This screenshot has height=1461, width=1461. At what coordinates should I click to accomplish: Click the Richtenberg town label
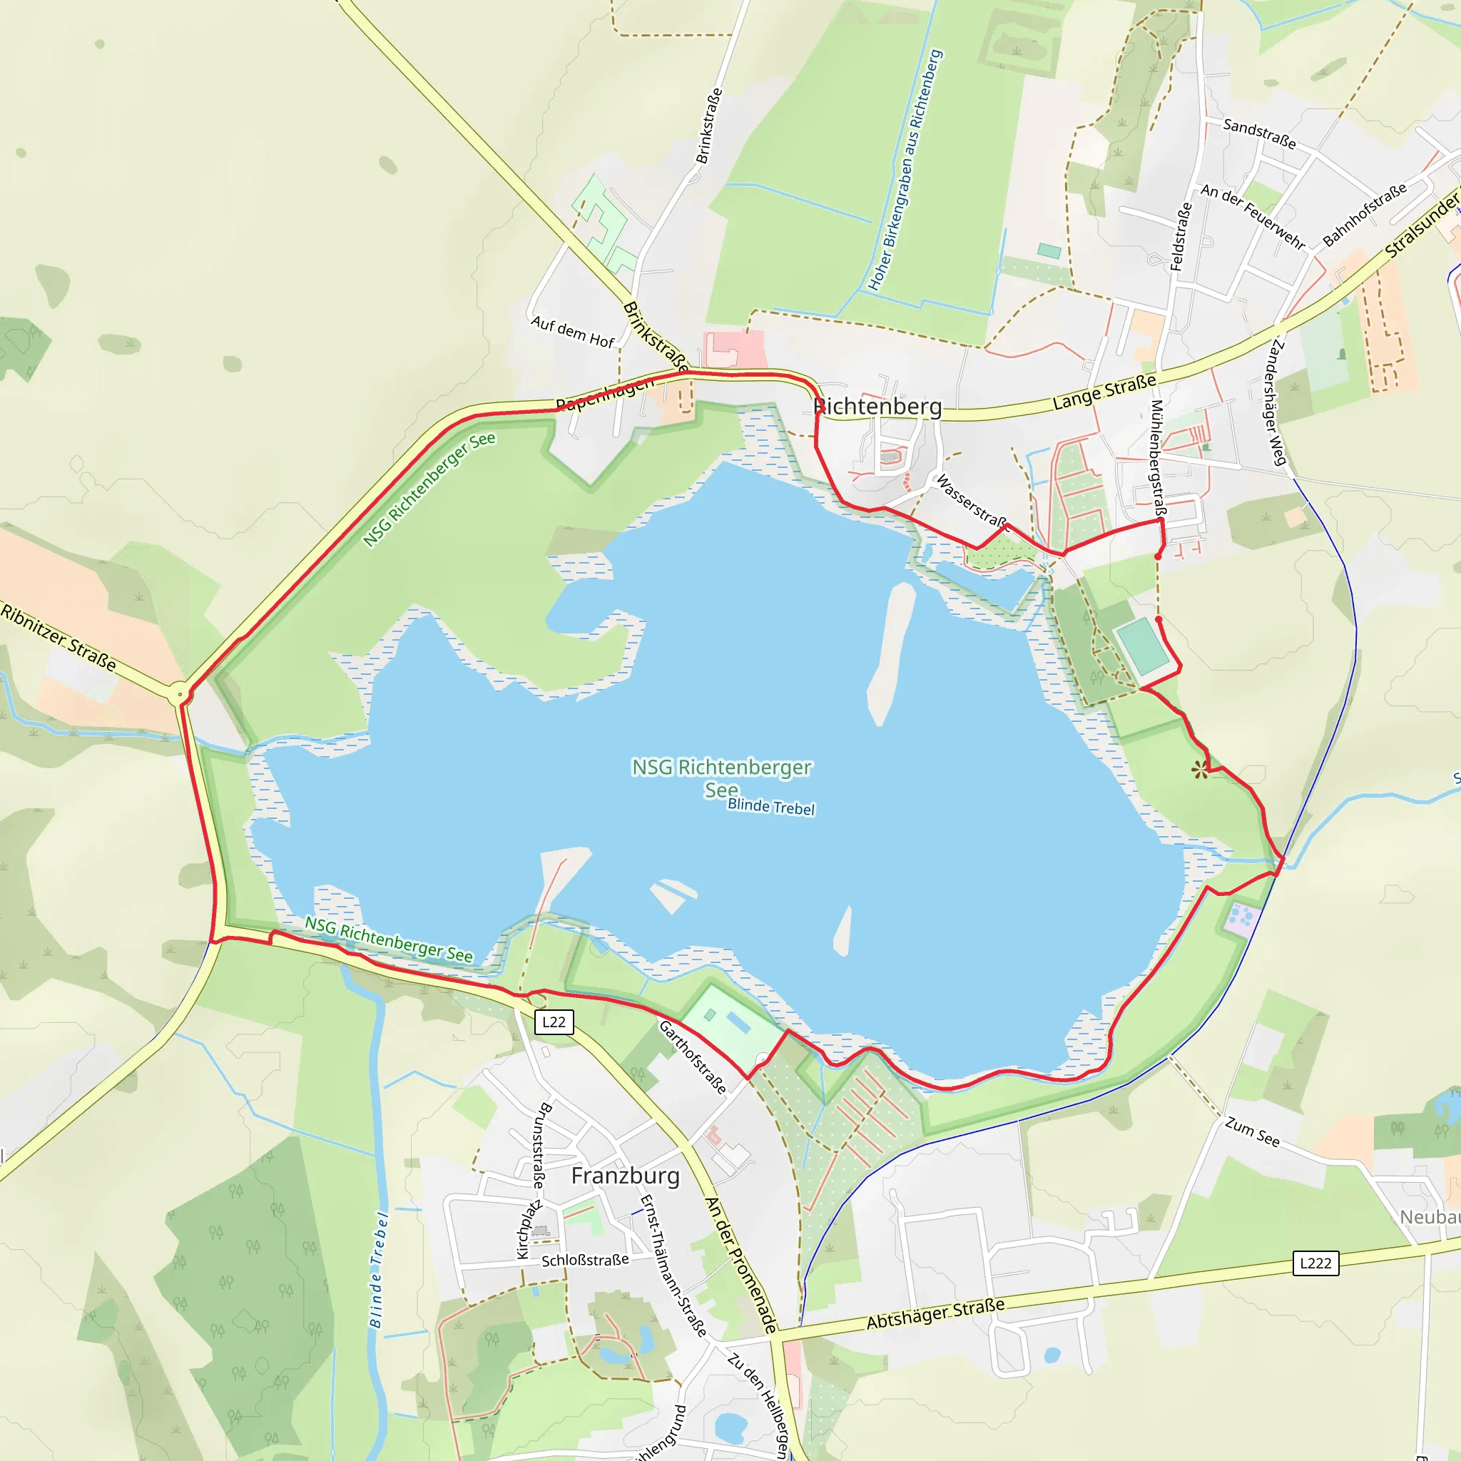pyautogui.click(x=878, y=407)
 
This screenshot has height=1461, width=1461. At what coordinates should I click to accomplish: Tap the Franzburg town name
pyautogui.click(x=626, y=1175)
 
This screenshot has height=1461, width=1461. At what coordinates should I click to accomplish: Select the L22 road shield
pyautogui.click(x=554, y=1022)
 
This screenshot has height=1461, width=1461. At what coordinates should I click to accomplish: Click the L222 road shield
pyautogui.click(x=1315, y=1263)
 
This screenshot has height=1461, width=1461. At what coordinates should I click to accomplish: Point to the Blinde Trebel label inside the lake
pyautogui.click(x=770, y=806)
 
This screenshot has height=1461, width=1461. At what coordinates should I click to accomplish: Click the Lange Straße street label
pyautogui.click(x=1104, y=392)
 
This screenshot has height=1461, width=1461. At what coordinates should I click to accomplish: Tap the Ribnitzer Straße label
pyautogui.click(x=59, y=637)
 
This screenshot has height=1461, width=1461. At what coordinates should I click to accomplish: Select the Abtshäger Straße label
pyautogui.click(x=935, y=1314)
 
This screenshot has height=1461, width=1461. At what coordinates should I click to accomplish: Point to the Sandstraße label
pyautogui.click(x=1259, y=134)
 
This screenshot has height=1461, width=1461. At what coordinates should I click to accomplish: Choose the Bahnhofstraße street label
pyautogui.click(x=1364, y=214)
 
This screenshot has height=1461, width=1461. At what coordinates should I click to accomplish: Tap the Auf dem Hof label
pyautogui.click(x=572, y=332)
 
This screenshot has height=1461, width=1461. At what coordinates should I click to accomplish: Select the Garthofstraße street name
pyautogui.click(x=693, y=1057)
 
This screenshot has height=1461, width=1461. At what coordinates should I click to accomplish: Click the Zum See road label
pyautogui.click(x=1252, y=1132)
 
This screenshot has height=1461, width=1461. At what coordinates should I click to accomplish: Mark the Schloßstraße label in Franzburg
pyautogui.click(x=584, y=1261)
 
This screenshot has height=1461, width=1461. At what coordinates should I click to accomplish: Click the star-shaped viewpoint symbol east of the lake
pyautogui.click(x=1199, y=770)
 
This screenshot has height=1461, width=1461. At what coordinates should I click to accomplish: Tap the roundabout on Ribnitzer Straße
pyautogui.click(x=179, y=693)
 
